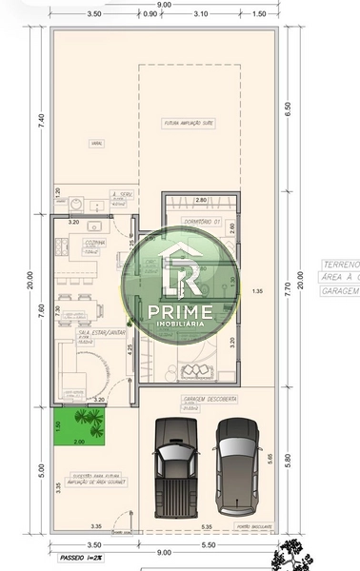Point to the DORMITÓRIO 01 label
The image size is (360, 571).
click(202, 222)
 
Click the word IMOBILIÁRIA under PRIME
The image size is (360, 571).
click(181, 324)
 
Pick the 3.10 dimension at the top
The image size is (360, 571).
click(200, 15)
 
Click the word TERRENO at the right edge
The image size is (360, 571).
click(340, 264)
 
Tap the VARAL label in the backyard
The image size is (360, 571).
click(96, 144)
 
